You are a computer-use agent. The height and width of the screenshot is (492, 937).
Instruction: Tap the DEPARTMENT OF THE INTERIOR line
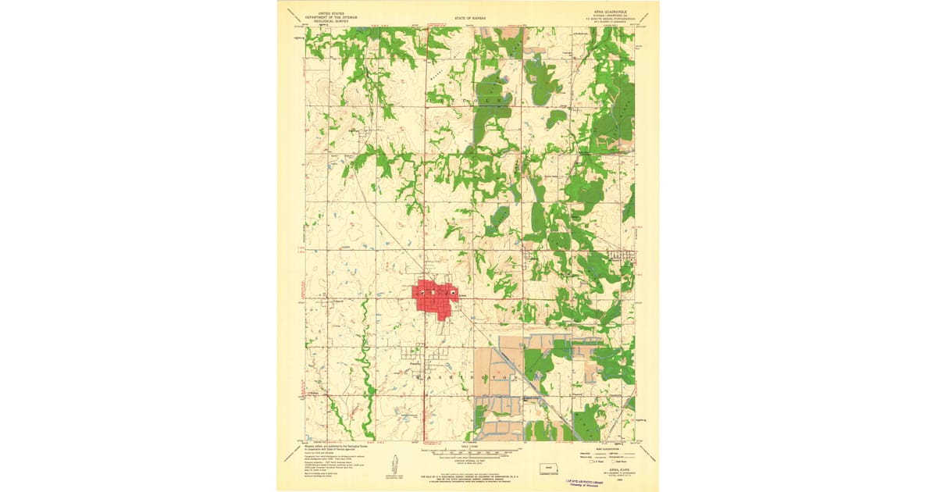pyautogui.click(x=326, y=16)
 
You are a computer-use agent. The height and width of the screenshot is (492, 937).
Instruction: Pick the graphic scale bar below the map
pyautogui.click(x=468, y=451)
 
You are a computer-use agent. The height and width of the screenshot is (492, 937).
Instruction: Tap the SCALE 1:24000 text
pyautogui.click(x=468, y=446)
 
